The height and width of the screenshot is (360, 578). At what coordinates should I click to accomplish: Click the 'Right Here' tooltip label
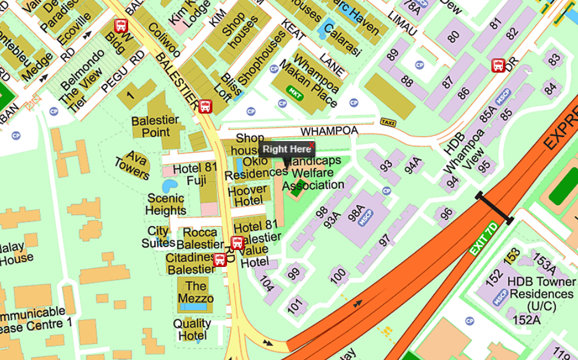(287, 149)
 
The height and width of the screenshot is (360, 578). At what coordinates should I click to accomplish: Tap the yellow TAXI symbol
(387, 122)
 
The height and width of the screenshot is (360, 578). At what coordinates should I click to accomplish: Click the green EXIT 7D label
(484, 238)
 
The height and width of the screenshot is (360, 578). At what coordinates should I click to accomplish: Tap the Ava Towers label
(132, 165)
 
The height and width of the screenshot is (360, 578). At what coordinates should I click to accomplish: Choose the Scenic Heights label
(166, 204)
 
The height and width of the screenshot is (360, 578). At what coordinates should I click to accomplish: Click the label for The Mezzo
(195, 292)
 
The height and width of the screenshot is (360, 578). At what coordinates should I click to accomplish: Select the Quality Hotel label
(192, 329)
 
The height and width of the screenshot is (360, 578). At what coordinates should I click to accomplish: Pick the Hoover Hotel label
(248, 196)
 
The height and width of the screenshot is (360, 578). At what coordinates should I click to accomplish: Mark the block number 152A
(526, 320)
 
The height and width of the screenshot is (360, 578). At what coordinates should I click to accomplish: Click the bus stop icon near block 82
(498, 65)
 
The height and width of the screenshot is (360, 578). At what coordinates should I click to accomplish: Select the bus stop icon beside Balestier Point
(205, 107)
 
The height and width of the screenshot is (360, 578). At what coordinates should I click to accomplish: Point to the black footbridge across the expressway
(495, 208)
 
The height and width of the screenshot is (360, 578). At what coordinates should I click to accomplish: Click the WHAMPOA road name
(328, 131)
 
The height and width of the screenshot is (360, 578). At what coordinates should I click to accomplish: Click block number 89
(393, 55)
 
